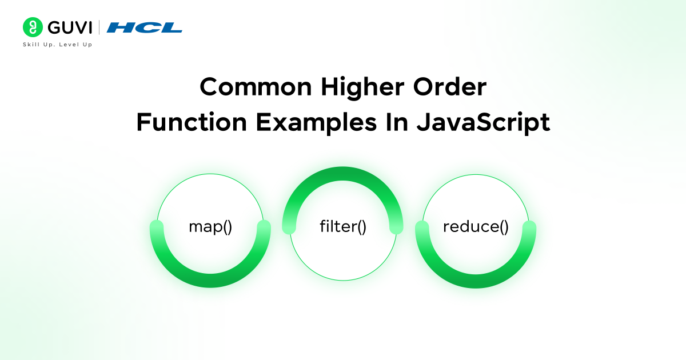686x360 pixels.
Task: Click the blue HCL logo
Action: click(x=144, y=27)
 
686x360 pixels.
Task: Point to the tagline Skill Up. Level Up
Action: click(x=57, y=45)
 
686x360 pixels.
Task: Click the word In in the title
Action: click(x=401, y=123)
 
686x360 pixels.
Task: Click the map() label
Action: click(x=210, y=227)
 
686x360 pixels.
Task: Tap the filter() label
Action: click(x=343, y=227)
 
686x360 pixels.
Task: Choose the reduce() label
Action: click(x=476, y=227)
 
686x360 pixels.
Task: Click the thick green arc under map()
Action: click(x=210, y=281)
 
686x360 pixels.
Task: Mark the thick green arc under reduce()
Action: click(x=476, y=281)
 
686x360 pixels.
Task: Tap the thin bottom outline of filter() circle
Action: click(x=343, y=280)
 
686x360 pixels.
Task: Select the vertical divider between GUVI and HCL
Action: click(x=99, y=27)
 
